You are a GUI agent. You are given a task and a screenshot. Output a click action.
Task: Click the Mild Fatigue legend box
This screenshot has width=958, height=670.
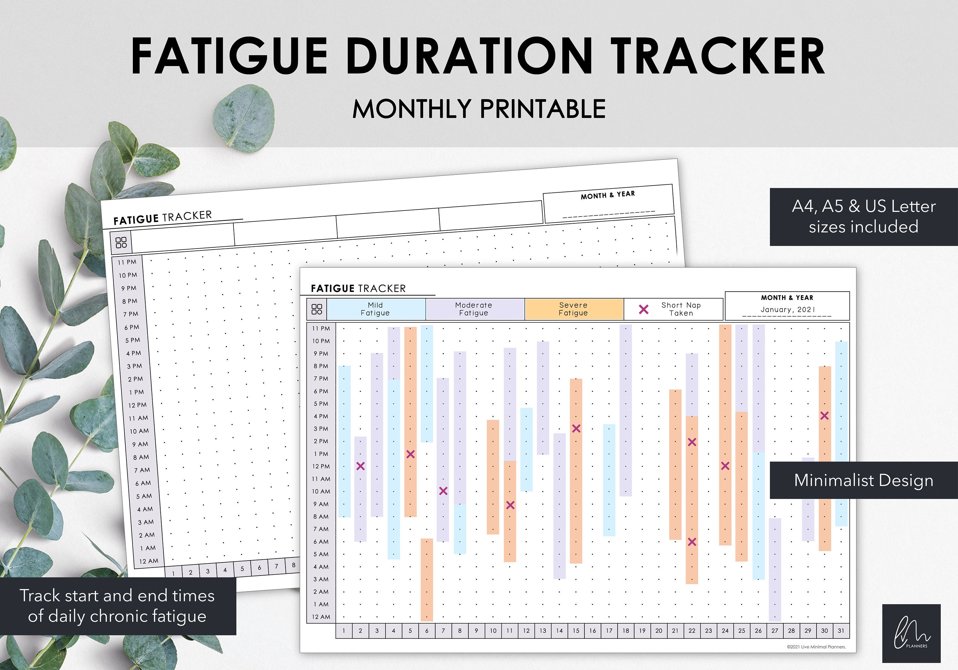376,309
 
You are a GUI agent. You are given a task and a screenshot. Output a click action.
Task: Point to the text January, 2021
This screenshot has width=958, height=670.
787,310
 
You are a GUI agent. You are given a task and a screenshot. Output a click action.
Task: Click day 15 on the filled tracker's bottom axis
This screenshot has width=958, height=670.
576,631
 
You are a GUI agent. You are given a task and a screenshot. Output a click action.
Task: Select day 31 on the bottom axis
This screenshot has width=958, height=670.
841,631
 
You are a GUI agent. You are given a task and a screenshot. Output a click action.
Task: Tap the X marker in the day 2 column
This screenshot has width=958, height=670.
361,466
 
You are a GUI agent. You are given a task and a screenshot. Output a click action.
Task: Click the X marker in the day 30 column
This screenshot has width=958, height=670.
825,416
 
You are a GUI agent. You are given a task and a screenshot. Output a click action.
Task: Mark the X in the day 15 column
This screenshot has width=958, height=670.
576,428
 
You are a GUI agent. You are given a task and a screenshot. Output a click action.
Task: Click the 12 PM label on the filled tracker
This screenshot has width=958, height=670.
321,466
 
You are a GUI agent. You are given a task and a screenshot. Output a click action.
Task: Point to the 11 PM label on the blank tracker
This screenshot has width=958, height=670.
127,262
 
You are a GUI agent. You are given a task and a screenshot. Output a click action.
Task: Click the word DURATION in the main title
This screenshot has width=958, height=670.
469,56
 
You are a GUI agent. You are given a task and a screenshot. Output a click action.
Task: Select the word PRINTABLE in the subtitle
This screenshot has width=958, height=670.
543,109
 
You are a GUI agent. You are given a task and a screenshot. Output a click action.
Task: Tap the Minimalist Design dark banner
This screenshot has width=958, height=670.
863,480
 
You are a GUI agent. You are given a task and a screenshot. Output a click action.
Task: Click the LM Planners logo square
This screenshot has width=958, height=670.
911,633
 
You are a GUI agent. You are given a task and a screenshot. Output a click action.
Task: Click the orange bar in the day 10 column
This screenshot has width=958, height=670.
493,477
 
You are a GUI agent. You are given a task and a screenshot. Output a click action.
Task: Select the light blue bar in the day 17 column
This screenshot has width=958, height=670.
609,480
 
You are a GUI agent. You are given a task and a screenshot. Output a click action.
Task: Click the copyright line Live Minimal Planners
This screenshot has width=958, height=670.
816,647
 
